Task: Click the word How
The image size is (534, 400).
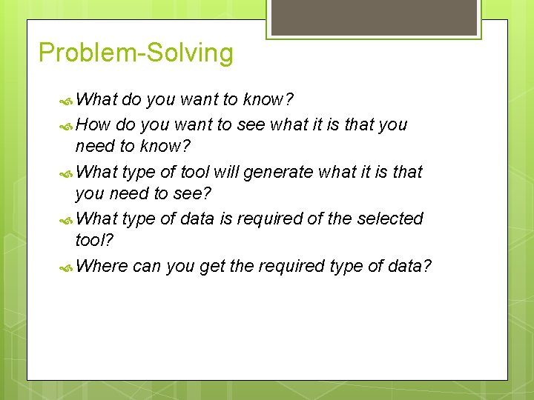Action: (x=93, y=124)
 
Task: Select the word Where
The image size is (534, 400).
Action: (x=102, y=266)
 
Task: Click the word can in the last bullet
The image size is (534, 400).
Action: (x=147, y=267)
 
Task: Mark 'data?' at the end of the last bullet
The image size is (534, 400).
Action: (x=409, y=266)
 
